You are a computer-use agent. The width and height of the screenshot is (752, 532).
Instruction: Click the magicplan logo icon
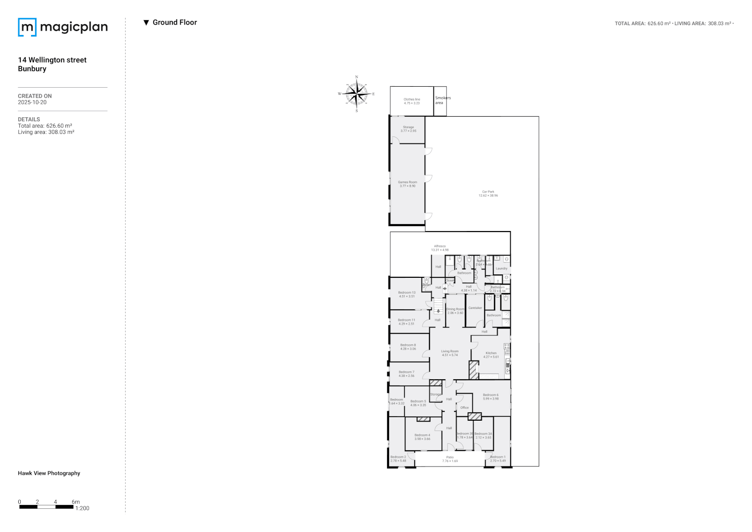27,27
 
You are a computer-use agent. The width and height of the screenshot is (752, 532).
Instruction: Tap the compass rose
357,94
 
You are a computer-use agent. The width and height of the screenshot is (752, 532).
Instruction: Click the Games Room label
407,184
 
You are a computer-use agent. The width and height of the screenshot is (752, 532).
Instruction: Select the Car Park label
488,194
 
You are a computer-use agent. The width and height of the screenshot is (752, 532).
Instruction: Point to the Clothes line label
412,101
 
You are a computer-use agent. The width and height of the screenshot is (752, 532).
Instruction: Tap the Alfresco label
440,248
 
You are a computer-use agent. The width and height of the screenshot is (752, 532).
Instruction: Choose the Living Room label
450,353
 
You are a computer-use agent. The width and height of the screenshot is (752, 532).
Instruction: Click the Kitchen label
491,355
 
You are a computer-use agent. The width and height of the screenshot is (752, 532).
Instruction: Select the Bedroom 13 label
407,294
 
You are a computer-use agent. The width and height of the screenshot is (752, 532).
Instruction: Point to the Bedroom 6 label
490,397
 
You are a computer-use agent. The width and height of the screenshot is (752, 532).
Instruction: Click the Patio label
450,459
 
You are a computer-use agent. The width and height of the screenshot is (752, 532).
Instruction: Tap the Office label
464,408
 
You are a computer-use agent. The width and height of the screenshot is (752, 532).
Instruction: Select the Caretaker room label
475,308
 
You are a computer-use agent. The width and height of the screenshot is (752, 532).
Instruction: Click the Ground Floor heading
174,22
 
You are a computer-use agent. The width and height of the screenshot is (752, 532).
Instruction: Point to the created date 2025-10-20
32,102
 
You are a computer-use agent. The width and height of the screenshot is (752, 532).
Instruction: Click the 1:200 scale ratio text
82,508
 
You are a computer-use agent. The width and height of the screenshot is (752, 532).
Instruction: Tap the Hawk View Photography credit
49,473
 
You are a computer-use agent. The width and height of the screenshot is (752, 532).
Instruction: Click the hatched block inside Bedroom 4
423,419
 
